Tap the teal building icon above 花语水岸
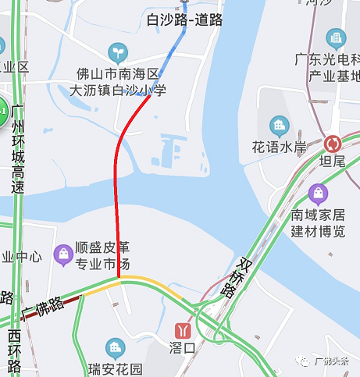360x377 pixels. (279, 125)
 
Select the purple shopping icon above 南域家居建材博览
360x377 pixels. (318, 192)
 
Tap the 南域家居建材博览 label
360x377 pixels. (318, 221)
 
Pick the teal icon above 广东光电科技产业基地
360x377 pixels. (337, 37)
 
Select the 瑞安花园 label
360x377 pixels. (116, 368)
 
